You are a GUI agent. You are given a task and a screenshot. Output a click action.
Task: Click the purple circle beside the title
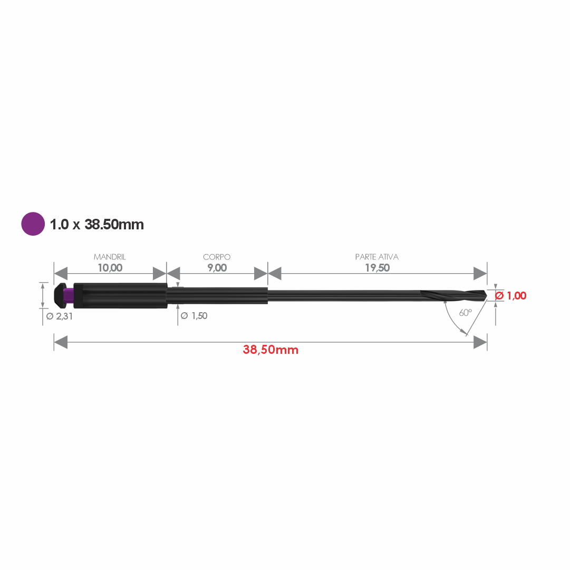pos(33,224)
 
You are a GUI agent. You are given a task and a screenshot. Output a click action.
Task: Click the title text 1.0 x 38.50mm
pos(96,225)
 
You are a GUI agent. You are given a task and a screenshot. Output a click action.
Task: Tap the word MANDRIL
pos(110,257)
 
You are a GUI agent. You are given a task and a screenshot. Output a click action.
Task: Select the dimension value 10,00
pos(110,268)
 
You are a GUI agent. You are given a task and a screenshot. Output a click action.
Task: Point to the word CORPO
pos(217,257)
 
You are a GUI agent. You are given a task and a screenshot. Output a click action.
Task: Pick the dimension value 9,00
pos(217,268)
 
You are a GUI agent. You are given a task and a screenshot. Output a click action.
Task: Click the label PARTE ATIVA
pos(377,257)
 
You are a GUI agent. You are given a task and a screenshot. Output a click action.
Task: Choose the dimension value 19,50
pos(378,268)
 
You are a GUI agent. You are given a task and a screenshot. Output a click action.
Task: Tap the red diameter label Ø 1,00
pos(511,295)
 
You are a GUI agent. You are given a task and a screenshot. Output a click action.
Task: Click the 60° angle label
pos(465,313)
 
